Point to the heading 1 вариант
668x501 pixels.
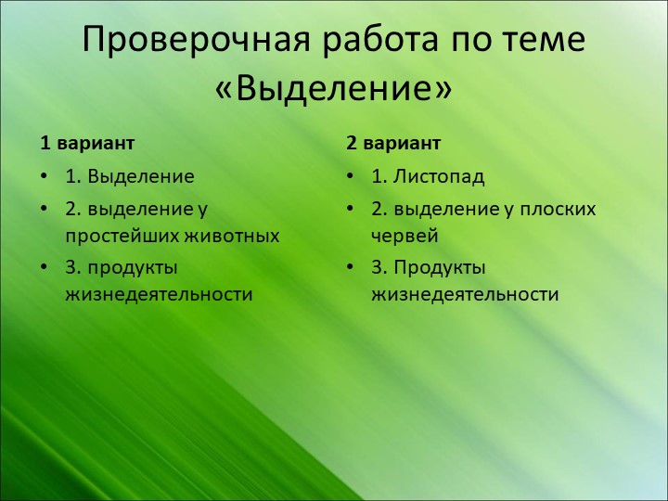(87, 144)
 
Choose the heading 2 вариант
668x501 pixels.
(393, 144)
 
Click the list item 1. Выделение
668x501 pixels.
(129, 176)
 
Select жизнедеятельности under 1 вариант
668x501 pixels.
(159, 295)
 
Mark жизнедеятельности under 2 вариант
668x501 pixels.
(465, 295)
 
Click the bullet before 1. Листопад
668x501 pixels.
(352, 176)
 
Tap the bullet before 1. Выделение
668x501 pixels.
(45, 176)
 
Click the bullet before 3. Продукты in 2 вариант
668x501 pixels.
(352, 267)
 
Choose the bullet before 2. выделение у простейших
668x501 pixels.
(45, 209)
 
